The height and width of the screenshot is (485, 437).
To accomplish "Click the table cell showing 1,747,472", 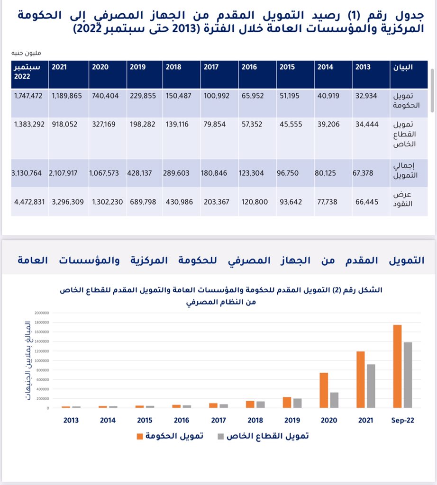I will tap(28, 96).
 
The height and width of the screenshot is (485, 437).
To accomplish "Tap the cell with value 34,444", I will tap(366, 124).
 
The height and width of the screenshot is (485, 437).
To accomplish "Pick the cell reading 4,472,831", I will tap(29, 202).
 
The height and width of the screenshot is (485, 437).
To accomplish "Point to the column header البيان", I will tap(403, 67).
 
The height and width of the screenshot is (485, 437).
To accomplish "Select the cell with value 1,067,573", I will tap(106, 173).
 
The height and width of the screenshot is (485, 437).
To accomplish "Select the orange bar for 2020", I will tap(324, 390).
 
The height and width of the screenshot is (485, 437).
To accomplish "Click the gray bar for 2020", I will tap(334, 400).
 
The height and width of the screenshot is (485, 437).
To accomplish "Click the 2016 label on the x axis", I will tap(182, 420).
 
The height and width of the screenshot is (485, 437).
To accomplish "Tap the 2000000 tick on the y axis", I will tap(42, 313).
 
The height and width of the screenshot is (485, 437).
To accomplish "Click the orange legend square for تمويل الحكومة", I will tap(140, 436).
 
